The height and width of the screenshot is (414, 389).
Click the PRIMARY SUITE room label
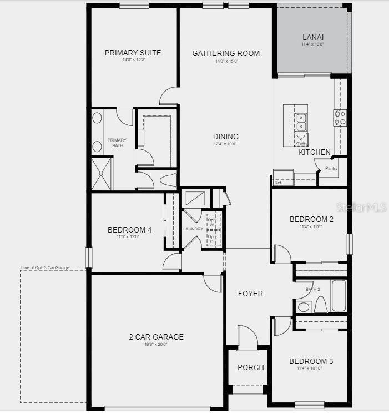point(133,53)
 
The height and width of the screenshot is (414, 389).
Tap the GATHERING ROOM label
point(226,53)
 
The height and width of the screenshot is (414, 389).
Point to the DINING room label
point(226,137)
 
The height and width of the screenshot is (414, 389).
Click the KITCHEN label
point(315,152)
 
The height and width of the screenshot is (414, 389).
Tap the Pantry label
point(331,169)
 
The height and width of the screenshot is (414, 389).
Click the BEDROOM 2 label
point(311,219)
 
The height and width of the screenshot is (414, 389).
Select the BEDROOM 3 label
point(311,361)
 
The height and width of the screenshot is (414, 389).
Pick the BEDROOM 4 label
point(129,230)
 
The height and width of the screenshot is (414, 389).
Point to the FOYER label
point(250,294)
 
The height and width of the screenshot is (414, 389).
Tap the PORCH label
point(250,367)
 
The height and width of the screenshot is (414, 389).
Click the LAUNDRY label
point(193,229)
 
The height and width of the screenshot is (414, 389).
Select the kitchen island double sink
point(301,121)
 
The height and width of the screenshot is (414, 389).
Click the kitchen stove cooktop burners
point(340,117)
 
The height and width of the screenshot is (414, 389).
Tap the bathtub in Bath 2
point(339,296)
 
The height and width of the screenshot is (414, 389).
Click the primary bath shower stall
point(101,174)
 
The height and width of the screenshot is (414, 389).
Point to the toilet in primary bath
point(167,180)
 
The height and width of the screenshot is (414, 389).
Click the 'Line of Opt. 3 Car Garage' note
point(45,268)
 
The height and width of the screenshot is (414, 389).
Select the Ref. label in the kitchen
point(278,183)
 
